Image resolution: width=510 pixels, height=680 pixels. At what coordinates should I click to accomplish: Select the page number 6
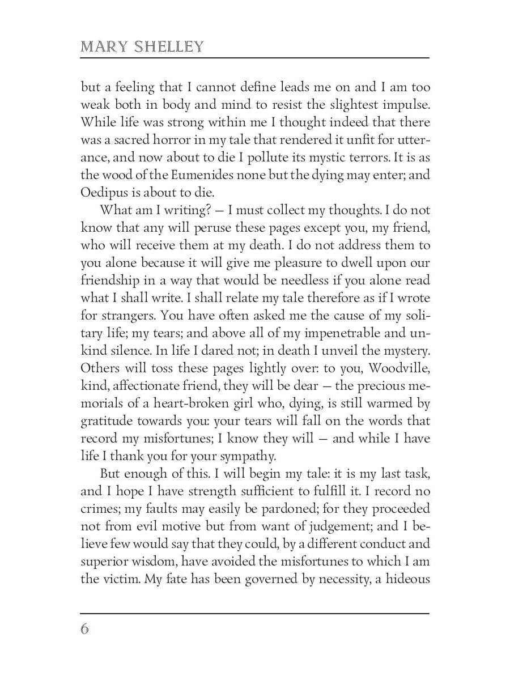coord(85,630)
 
